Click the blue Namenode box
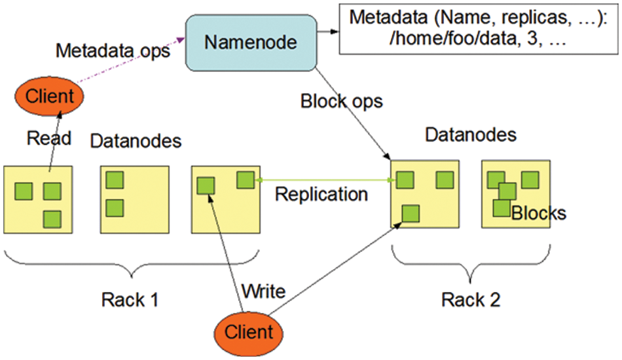click(251, 43)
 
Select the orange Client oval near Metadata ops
click(48, 97)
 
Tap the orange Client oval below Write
click(248, 332)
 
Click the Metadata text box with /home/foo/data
click(477, 29)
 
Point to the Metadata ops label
click(113, 51)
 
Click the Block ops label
click(341, 101)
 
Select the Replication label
click(321, 194)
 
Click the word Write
click(263, 290)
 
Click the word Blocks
click(538, 213)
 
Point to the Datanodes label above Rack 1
click(136, 141)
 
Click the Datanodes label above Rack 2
click(471, 135)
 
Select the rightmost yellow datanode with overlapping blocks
click(516, 194)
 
